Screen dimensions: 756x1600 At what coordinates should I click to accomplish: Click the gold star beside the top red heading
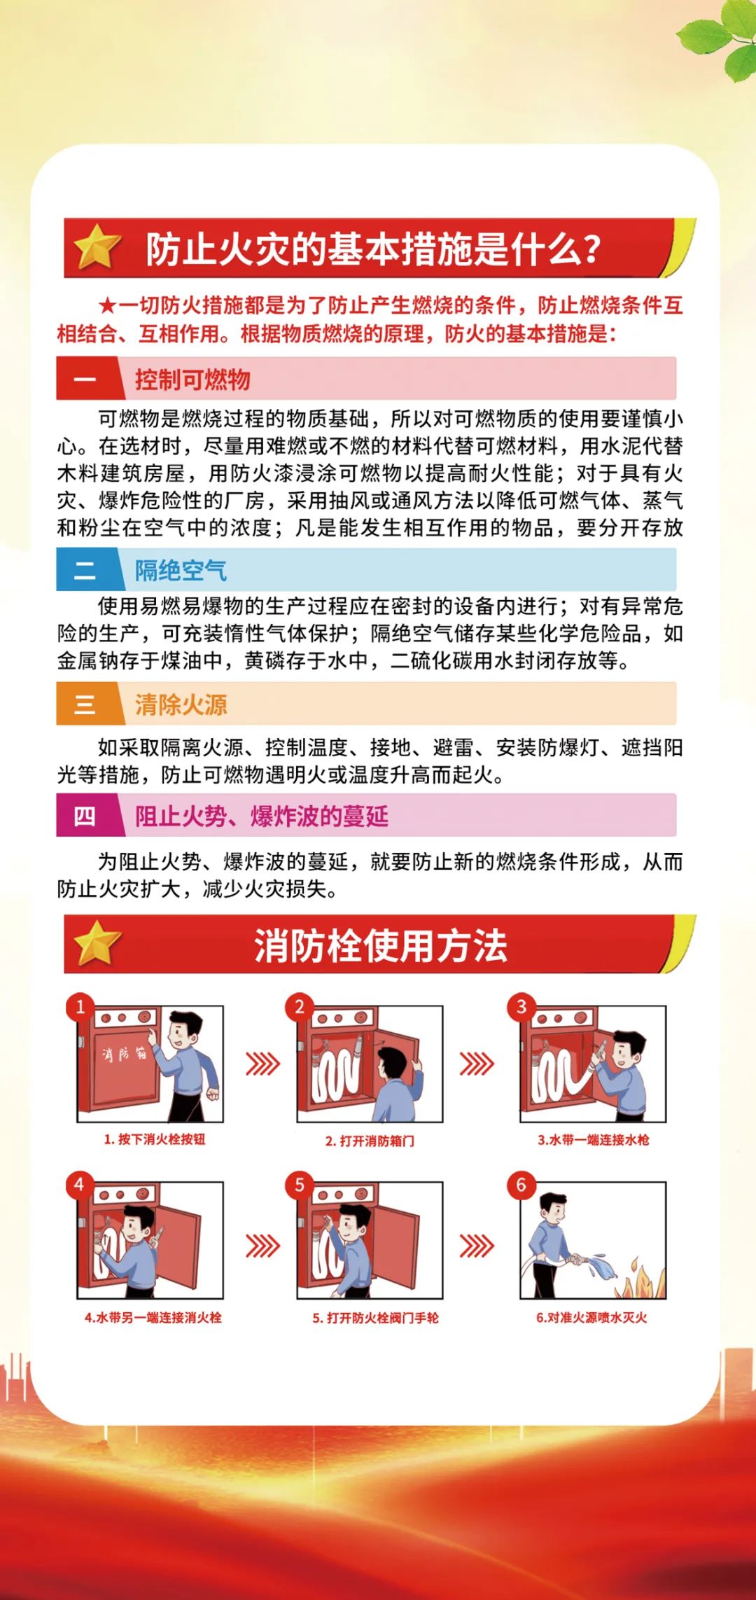pyautogui.click(x=97, y=247)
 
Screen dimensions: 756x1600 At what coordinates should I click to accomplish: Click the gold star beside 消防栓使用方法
pyautogui.click(x=97, y=942)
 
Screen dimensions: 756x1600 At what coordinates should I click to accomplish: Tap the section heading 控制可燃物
pyautogui.click(x=192, y=380)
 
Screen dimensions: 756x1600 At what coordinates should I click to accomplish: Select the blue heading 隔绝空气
pyautogui.click(x=181, y=570)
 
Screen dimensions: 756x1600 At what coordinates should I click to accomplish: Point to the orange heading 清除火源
pyautogui.click(x=181, y=704)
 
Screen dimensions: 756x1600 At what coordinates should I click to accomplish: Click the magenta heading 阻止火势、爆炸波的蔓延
pyautogui.click(x=261, y=816)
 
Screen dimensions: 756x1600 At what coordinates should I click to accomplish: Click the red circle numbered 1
pyautogui.click(x=80, y=1006)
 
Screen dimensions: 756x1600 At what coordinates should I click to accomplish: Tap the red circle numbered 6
pyautogui.click(x=521, y=1185)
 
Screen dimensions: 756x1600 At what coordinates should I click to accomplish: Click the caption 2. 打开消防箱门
pyautogui.click(x=370, y=1141)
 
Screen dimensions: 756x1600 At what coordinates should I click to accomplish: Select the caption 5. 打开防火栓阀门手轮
pyautogui.click(x=375, y=1318)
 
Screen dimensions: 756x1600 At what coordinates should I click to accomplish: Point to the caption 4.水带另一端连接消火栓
pyautogui.click(x=153, y=1317)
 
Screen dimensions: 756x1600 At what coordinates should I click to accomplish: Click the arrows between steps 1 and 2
pyautogui.click(x=262, y=1064)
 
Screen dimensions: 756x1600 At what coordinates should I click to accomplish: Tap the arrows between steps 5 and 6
pyautogui.click(x=477, y=1246)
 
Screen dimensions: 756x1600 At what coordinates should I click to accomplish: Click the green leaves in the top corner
pyautogui.click(x=721, y=42)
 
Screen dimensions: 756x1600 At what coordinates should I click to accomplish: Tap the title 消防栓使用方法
pyautogui.click(x=380, y=945)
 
